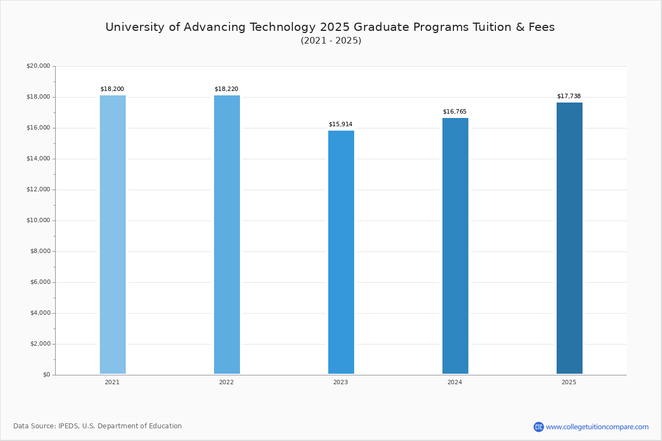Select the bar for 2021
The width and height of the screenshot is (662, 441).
click(x=113, y=234)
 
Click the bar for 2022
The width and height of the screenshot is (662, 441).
click(x=227, y=234)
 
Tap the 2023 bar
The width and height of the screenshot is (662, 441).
click(x=341, y=252)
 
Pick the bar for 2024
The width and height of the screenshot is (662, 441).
click(x=455, y=246)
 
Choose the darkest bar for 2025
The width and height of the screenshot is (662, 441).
click(x=569, y=238)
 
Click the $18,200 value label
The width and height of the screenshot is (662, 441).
click(x=112, y=89)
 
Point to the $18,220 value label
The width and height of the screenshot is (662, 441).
click(x=226, y=89)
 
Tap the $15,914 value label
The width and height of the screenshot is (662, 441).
click(x=340, y=125)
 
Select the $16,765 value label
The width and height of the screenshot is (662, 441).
click(x=455, y=112)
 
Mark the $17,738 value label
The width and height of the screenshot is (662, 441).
click(x=569, y=96)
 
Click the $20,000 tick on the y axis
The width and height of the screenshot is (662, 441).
click(x=38, y=66)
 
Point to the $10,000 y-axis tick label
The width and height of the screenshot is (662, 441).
click(x=38, y=220)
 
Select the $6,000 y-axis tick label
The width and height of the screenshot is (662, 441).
click(x=40, y=282)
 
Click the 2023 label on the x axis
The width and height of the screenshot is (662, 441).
click(x=340, y=383)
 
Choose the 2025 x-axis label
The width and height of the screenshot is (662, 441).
click(x=569, y=383)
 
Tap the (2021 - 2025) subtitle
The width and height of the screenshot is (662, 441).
click(x=331, y=41)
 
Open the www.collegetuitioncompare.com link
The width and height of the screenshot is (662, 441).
click(x=597, y=427)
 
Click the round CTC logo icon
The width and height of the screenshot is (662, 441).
click(x=538, y=427)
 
